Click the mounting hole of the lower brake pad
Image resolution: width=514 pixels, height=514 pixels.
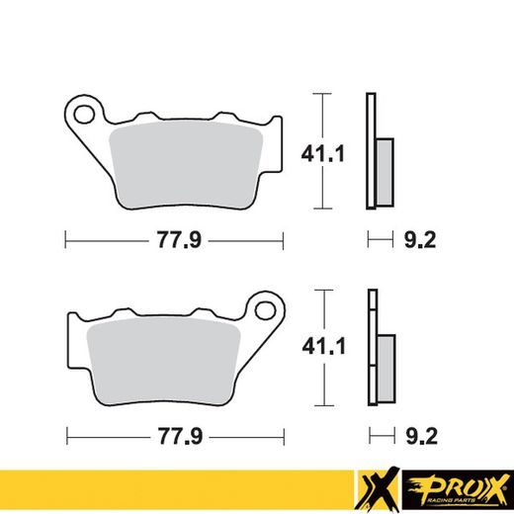tap(264, 309)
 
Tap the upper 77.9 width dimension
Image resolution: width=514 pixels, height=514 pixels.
tap(175, 238)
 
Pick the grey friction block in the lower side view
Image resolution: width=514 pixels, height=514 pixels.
tap(385, 365)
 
